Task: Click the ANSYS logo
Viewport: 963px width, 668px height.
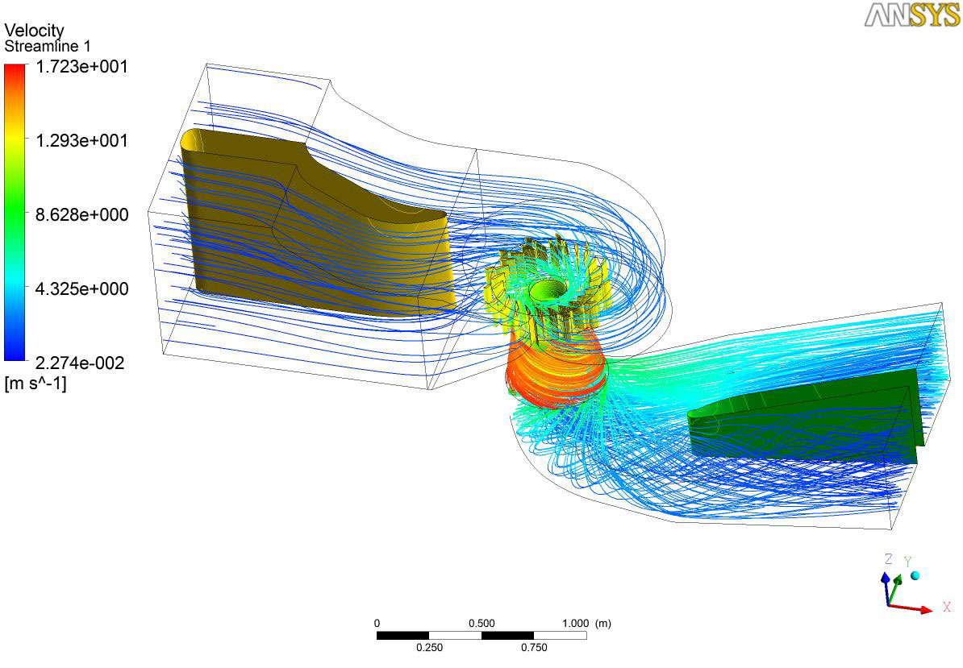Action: [x=912, y=15]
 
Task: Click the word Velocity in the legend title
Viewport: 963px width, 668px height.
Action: [x=34, y=30]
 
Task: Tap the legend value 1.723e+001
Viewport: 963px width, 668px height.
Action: [x=81, y=66]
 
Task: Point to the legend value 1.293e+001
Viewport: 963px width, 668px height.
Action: [x=81, y=140]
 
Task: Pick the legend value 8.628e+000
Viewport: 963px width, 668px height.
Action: [x=81, y=214]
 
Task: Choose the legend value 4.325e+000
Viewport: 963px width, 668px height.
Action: [x=81, y=289]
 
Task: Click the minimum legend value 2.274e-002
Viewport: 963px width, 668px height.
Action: [x=80, y=363]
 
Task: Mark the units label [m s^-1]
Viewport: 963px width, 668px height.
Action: [x=35, y=384]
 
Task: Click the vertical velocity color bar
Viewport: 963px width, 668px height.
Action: [x=15, y=212]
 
